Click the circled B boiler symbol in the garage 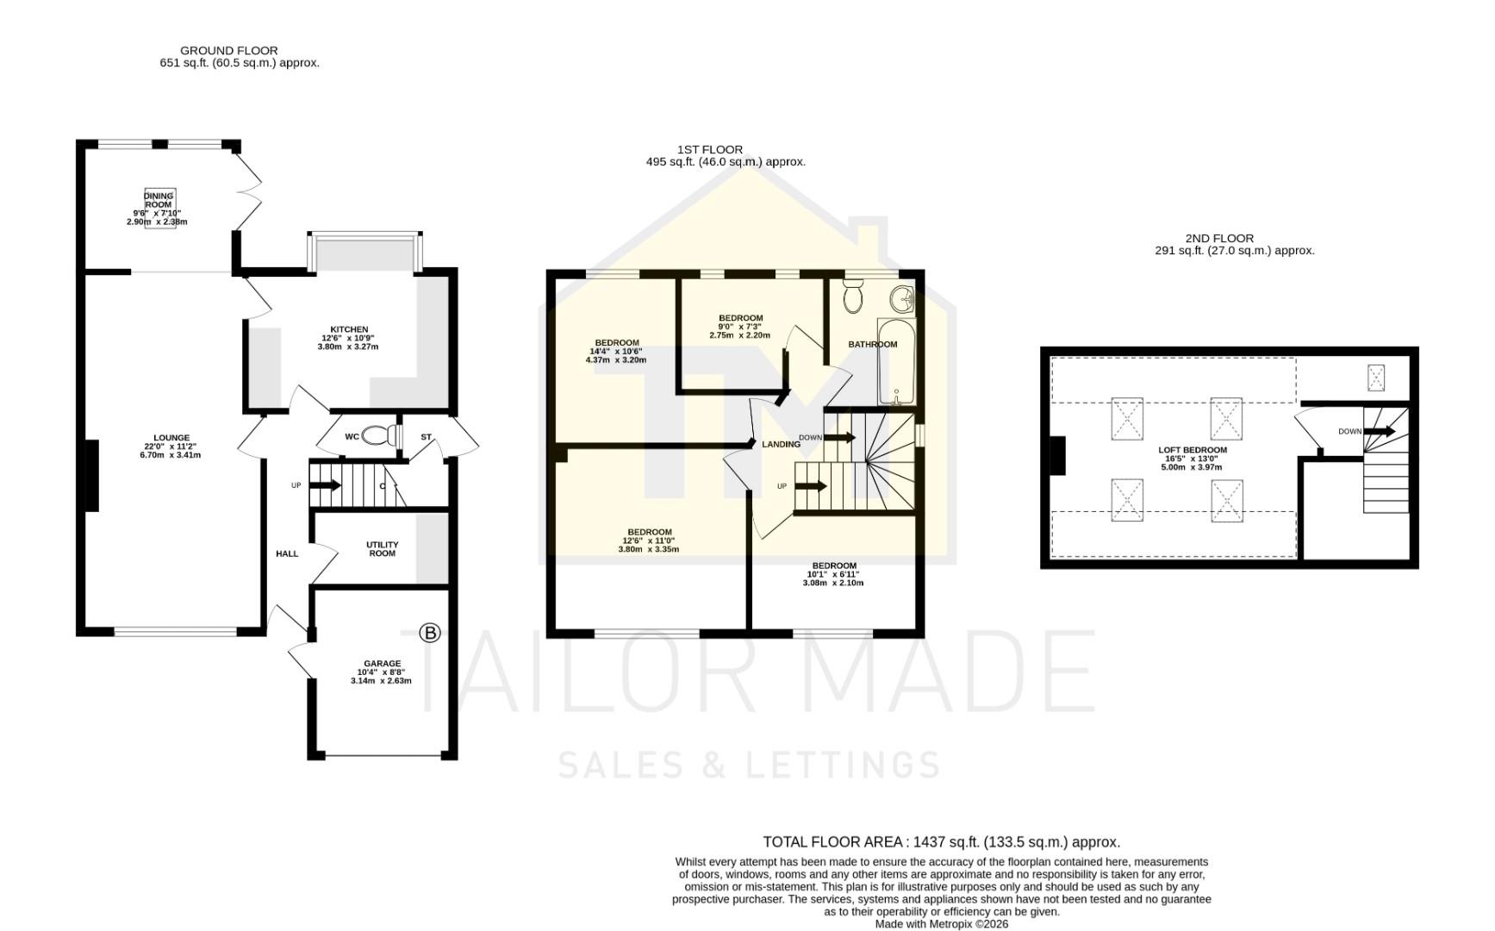pyautogui.click(x=429, y=634)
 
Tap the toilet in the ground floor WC pyautogui.click(x=377, y=436)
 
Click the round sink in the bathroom pyautogui.click(x=903, y=299)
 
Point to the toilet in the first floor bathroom pyautogui.click(x=853, y=297)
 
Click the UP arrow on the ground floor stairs pyautogui.click(x=325, y=485)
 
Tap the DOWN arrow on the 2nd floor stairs pyautogui.click(x=1379, y=431)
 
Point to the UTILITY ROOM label pyautogui.click(x=382, y=549)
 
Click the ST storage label pyautogui.click(x=426, y=437)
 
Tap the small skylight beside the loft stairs pyautogui.click(x=1376, y=378)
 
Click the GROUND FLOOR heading pyautogui.click(x=229, y=51)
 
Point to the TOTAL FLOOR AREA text pyautogui.click(x=941, y=842)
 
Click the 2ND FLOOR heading pyautogui.click(x=1218, y=239)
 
